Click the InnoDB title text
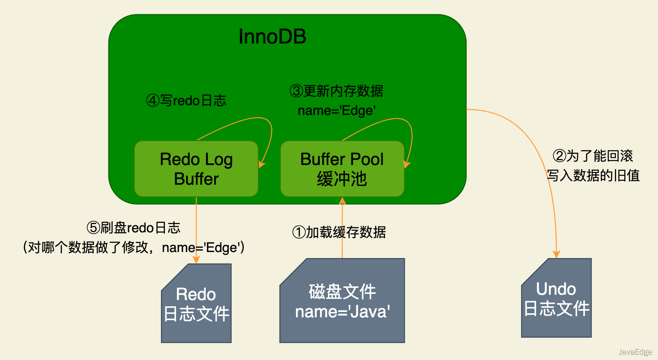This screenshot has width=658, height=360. [x=272, y=37]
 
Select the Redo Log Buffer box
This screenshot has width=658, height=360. [x=196, y=169]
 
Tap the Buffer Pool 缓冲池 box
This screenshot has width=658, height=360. [x=342, y=169]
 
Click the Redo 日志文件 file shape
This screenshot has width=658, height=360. [x=196, y=303]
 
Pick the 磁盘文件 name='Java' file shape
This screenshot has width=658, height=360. [x=342, y=301]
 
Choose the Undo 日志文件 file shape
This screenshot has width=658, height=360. [x=556, y=298]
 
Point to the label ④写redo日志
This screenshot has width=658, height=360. [x=186, y=101]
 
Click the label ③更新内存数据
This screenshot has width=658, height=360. [x=336, y=91]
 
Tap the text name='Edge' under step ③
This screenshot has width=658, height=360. [x=337, y=111]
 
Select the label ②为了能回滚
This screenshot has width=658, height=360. [x=593, y=156]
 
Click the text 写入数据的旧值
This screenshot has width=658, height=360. [x=593, y=176]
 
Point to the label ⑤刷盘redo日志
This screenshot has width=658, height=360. [x=134, y=228]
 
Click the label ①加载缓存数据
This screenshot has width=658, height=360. [x=339, y=233]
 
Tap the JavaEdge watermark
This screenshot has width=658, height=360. [x=635, y=352]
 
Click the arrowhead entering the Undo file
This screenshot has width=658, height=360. [x=556, y=254]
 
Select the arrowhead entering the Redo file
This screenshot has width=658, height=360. [x=196, y=259]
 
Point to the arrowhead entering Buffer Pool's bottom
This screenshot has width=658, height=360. [x=342, y=201]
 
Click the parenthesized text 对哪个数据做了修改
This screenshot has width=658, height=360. [x=88, y=248]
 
